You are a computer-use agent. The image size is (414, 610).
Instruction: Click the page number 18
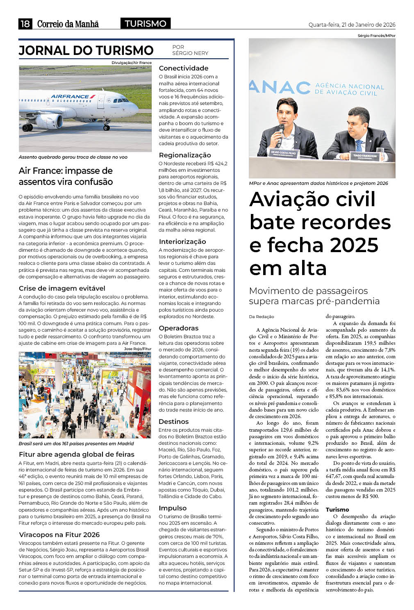coord(25,24)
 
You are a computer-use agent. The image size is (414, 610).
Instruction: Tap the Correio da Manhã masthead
coord(68,24)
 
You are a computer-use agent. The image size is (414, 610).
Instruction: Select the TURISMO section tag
coord(146,24)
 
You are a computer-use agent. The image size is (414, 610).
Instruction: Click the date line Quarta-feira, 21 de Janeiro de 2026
coord(352,25)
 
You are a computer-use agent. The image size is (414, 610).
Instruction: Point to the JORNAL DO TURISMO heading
coord(86,50)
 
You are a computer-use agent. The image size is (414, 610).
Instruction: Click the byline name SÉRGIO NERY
coord(190,53)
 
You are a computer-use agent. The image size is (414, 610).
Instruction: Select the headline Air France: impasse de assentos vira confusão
coord(66,176)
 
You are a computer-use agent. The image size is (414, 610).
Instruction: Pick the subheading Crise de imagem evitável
coord(62,288)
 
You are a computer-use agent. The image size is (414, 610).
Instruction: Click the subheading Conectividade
coord(184,68)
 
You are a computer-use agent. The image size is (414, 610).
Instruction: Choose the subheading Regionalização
coord(185,155)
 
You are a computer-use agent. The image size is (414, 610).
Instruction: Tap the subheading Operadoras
coord(179,328)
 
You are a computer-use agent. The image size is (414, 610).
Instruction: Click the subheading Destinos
coord(174,421)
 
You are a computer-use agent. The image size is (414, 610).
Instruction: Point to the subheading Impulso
coord(173,508)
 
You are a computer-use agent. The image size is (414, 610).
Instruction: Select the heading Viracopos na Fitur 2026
coord(59,535)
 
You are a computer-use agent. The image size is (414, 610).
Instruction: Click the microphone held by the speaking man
coord(281,130)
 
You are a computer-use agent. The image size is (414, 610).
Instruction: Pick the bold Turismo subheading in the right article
coord(337,510)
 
